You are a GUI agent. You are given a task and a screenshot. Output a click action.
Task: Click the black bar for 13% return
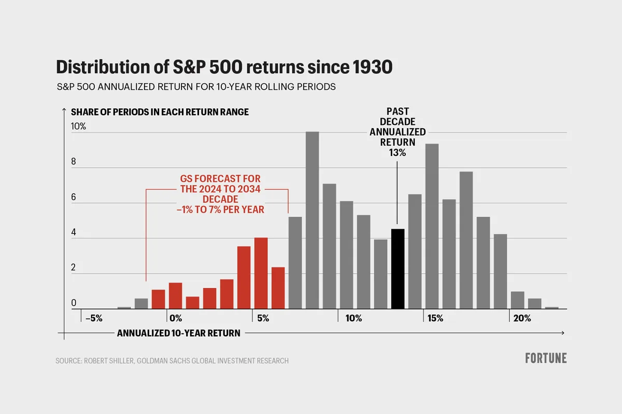(398, 268)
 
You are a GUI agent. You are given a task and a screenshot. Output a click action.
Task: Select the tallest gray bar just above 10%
(312, 220)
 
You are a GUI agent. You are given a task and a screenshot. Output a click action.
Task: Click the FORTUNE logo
(545, 358)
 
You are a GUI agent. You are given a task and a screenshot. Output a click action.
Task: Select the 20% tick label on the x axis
(521, 318)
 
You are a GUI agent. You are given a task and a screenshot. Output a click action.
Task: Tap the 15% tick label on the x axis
(435, 318)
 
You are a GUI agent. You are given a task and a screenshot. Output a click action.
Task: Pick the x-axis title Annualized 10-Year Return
(178, 333)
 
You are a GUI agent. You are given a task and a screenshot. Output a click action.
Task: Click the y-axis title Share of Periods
(160, 112)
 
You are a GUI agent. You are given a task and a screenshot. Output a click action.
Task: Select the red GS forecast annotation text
(217, 194)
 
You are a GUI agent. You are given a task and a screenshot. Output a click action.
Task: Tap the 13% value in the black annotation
(398, 153)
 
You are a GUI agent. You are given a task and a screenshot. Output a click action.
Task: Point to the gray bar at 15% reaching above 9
(432, 226)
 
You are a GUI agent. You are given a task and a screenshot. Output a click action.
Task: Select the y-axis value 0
(74, 303)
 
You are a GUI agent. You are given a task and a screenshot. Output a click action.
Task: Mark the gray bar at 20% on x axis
(517, 300)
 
